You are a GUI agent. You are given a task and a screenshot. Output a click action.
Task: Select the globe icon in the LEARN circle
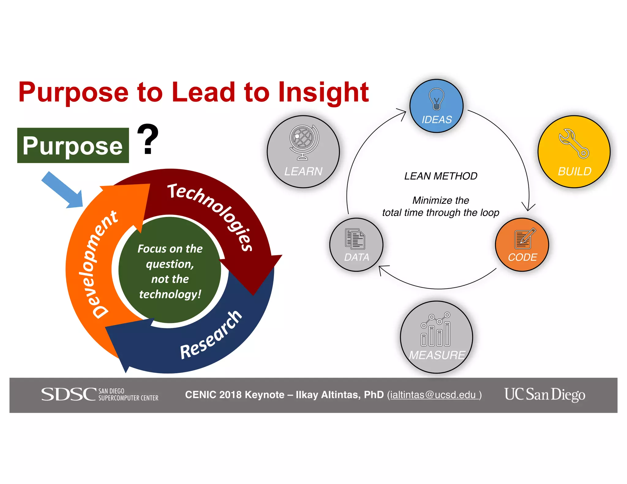coord(303,142)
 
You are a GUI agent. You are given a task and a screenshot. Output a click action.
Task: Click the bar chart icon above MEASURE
coord(436,329)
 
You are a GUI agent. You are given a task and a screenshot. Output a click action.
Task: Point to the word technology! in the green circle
coord(170,294)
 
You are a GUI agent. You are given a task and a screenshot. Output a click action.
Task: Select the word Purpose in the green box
coord(73,146)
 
